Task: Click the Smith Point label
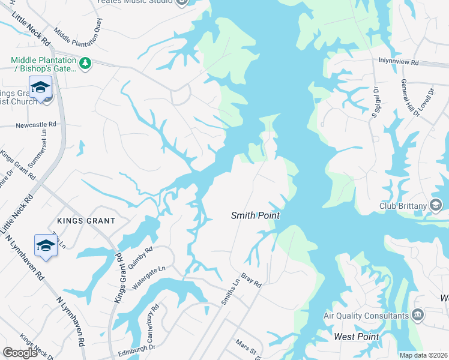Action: [256, 215]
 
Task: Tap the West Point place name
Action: [356, 337]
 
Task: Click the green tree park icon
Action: [85, 62]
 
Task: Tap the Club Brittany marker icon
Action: [436, 206]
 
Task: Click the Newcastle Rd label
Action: [35, 124]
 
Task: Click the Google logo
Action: [20, 353]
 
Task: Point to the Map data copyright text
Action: [424, 355]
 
